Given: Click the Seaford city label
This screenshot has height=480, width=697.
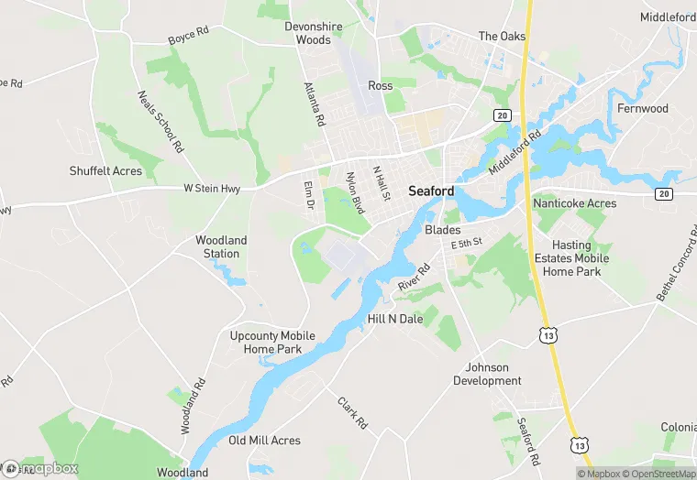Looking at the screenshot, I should coord(430,191).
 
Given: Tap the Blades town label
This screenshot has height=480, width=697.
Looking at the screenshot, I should coord(443,230).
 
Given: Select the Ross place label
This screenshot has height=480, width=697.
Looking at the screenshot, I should coord(380,85).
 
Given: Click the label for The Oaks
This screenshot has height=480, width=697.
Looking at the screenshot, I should coord(502,37).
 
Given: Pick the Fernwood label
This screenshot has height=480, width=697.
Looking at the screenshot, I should coord(643,108).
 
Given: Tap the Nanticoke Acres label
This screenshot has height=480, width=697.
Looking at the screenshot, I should coord(575,202).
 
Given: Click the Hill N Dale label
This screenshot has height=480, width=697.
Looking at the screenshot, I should coord(395,319).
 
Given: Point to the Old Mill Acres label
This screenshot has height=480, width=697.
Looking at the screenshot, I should coord(264,441).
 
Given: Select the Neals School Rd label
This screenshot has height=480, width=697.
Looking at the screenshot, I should coord(160,122).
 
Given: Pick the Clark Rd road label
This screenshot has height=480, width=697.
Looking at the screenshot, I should coord(352,413).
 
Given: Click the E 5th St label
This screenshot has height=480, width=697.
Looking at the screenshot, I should coord(467,245).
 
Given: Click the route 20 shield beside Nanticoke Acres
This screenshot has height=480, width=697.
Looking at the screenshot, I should coord(663,193).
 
